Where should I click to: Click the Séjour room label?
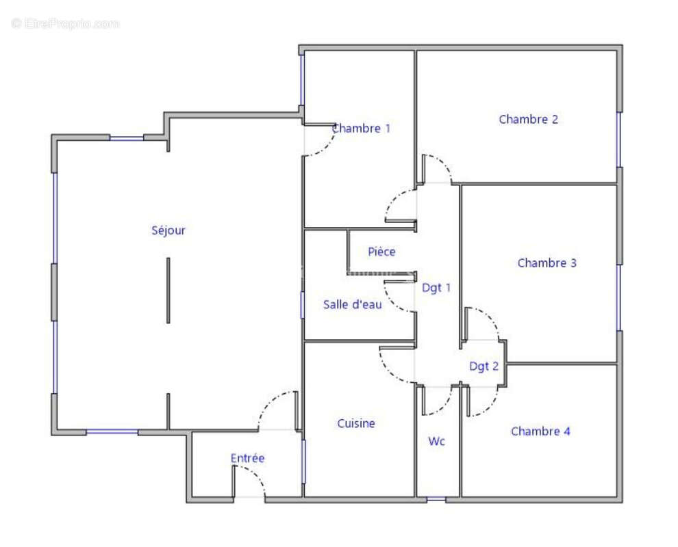pyautogui.click(x=168, y=230)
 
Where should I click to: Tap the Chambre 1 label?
pyautogui.click(x=361, y=129)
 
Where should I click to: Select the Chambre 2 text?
pyautogui.click(x=529, y=119)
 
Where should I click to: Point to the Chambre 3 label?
pyautogui.click(x=547, y=263)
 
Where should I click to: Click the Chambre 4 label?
pyautogui.click(x=540, y=431)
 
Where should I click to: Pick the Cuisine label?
pyautogui.click(x=356, y=423)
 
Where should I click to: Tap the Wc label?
pyautogui.click(x=436, y=441)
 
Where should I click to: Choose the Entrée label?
pyautogui.click(x=247, y=458)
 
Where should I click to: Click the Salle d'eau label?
pyautogui.click(x=353, y=305)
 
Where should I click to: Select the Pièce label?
pyautogui.click(x=381, y=252)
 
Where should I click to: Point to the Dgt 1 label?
pyautogui.click(x=436, y=288)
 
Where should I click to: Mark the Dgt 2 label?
pyautogui.click(x=484, y=366)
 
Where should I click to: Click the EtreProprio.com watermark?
pyautogui.click(x=66, y=23)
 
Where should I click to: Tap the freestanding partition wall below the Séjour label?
pyautogui.click(x=168, y=290)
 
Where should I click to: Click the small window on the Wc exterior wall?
pyautogui.click(x=436, y=499)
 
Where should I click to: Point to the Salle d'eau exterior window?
pyautogui.click(x=302, y=305)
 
